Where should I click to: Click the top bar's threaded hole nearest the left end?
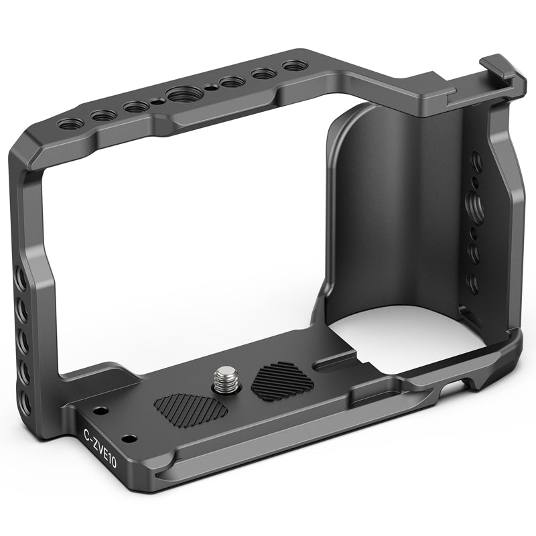tap(70, 124)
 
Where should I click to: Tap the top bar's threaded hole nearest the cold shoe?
tap(295, 66)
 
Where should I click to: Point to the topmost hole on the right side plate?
tap(475, 161)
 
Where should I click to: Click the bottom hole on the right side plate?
tap(473, 283)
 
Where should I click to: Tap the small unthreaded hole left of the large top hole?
tap(156, 102)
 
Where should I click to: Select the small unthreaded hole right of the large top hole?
tap(210, 87)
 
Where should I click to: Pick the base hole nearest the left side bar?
tap(99, 410)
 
